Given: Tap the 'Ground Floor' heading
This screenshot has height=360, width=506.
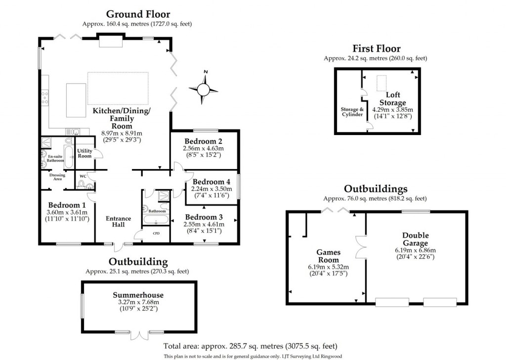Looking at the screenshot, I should (138, 14).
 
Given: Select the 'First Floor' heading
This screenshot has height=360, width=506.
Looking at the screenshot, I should (376, 48).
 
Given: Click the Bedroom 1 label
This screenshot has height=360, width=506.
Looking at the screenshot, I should (67, 205).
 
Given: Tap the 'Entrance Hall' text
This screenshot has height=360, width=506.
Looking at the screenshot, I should (119, 222).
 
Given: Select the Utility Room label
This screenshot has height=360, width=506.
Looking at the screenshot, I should (85, 153).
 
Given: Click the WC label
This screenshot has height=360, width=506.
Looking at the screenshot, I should (83, 176).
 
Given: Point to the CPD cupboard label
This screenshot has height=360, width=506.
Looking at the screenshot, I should (156, 233).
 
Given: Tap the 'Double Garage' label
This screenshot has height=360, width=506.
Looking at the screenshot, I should (415, 239).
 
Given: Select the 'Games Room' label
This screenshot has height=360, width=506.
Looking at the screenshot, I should (328, 256).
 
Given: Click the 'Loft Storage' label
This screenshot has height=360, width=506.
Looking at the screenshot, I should (393, 98).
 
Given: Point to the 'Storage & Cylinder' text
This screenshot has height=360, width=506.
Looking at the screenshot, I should (352, 112).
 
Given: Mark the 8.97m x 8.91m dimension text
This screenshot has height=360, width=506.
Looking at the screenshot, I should (122, 133).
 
